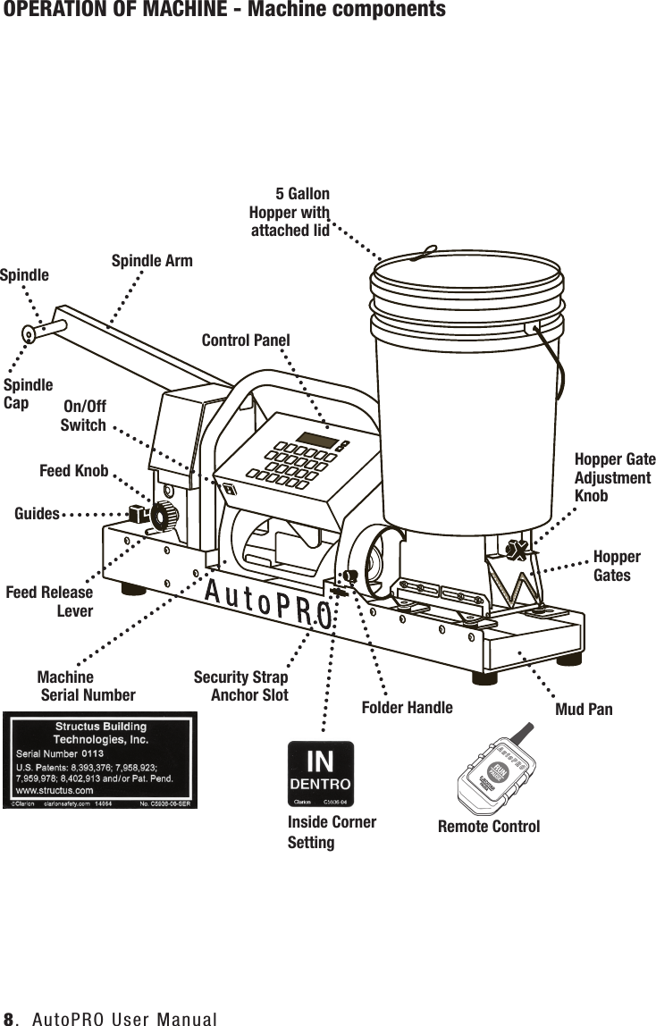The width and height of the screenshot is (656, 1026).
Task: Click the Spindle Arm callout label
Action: [151, 261]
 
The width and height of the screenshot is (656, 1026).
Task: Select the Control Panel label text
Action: [246, 341]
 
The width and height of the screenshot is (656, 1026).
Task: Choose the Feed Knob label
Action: [74, 471]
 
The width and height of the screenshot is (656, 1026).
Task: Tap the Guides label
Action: [37, 514]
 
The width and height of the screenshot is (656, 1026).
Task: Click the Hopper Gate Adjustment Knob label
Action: [615, 477]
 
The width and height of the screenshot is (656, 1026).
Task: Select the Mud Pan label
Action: [584, 709]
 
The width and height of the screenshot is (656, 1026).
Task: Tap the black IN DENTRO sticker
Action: [319, 769]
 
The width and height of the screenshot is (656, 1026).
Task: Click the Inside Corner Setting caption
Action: [331, 832]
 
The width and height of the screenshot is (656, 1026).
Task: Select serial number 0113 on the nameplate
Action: [94, 753]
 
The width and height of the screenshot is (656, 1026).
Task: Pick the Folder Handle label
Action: [407, 708]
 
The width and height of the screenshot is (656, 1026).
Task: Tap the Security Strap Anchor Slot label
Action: [241, 685]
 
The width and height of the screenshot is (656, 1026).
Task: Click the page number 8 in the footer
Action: [9, 1018]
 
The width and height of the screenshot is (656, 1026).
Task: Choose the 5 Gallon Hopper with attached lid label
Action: [290, 213]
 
